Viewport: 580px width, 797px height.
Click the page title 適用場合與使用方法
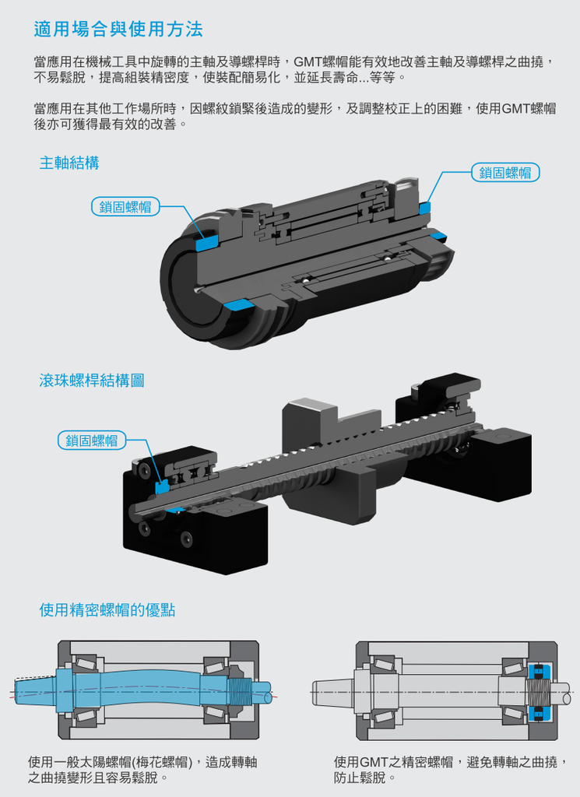118,30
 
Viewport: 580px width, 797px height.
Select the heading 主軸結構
69,163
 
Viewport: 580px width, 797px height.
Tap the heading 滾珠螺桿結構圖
92,381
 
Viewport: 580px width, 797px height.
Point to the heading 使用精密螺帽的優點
107,610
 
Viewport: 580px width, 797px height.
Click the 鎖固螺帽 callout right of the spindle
505,173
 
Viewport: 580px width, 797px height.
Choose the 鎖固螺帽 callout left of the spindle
125,206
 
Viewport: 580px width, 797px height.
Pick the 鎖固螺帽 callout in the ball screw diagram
92,441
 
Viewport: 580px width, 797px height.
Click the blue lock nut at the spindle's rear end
424,207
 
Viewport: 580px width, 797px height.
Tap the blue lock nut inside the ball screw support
163,487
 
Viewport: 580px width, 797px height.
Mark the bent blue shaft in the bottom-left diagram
148,686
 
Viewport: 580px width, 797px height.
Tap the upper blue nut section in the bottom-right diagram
536,670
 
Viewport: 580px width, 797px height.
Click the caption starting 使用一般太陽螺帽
142,770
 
